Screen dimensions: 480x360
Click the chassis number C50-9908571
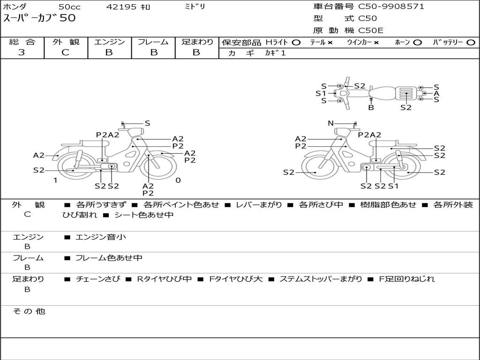pos(391,7)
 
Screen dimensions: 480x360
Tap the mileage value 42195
pos(121,7)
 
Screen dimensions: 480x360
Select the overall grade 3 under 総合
pos(22,52)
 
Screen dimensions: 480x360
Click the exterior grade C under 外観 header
pos(66,52)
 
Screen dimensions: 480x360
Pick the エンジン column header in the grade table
pos(109,42)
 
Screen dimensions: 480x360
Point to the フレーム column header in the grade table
pos(153,42)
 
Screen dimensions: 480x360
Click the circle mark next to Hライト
pos(296,43)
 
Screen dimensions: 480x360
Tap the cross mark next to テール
pos(330,43)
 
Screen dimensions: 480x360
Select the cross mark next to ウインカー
pos(376,43)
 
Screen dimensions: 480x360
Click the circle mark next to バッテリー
pos(471,43)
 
